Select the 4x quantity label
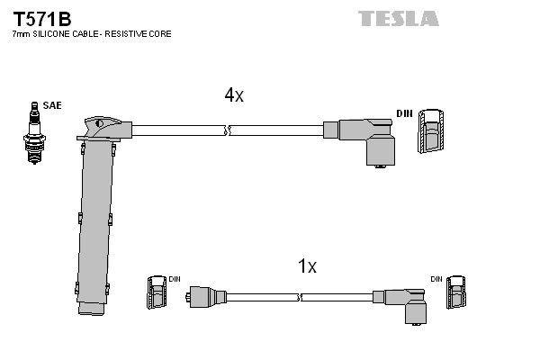pyautogui.click(x=233, y=95)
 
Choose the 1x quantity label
pyautogui.click(x=307, y=265)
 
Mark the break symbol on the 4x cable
pyautogui.click(x=229, y=131)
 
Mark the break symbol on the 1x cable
pyautogui.click(x=298, y=294)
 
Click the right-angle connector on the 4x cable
pyautogui.click(x=369, y=139)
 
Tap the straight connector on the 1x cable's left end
pyautogui.click(x=205, y=294)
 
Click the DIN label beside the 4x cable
pyautogui.click(x=404, y=113)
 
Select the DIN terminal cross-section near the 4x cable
pyautogui.click(x=430, y=131)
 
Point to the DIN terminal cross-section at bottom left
pyautogui.click(x=154, y=293)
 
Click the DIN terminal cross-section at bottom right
pyautogui.click(x=461, y=293)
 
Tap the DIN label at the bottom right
pyautogui.click(x=436, y=279)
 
